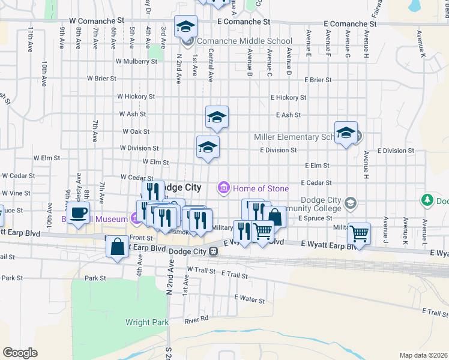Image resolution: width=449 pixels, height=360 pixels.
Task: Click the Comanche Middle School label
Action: click(237, 41)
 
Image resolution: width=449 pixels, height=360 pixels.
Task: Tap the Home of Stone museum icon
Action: click(224, 188)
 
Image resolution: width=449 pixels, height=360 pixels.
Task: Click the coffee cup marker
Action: click(78, 212)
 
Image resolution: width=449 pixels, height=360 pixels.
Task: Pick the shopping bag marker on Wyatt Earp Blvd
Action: click(117, 246)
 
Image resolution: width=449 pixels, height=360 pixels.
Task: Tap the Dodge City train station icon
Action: click(213, 251)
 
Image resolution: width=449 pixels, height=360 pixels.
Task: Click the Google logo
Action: click(20, 353)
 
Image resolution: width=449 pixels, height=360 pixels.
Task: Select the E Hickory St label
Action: click(288, 97)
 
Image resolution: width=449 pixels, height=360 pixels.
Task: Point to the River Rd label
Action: click(196, 319)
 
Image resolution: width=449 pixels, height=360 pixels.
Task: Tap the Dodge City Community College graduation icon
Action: click(351, 203)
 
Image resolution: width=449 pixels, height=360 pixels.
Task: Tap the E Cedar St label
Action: click(316, 182)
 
